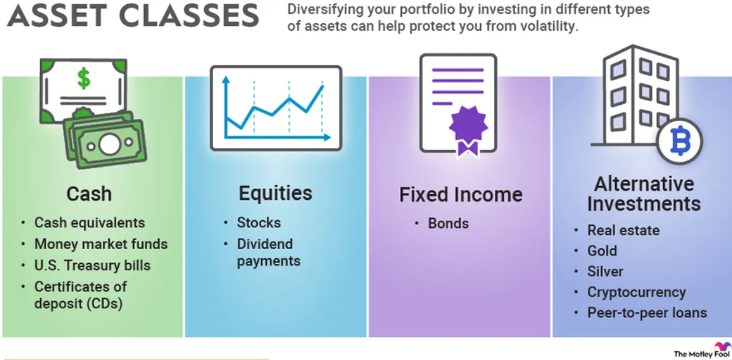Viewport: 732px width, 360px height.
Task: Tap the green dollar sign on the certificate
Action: tap(84, 78)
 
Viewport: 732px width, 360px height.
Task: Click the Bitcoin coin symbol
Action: tap(679, 141)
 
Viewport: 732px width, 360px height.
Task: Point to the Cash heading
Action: tap(89, 194)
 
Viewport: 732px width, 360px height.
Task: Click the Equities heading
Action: tap(275, 194)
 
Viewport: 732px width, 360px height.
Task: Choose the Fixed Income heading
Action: tap(461, 195)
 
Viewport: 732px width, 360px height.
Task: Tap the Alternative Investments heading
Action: tap(645, 194)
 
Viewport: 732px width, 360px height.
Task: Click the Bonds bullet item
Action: tap(448, 223)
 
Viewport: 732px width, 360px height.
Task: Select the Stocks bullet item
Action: tap(259, 223)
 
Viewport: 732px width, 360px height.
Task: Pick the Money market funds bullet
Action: tap(101, 243)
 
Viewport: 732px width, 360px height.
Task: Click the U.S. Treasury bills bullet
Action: tap(92, 265)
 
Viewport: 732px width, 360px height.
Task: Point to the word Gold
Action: tap(602, 251)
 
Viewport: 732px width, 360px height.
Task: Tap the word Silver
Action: tap(605, 271)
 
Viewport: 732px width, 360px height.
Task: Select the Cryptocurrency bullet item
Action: tap(636, 292)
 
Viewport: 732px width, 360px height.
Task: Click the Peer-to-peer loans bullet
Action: tap(647, 313)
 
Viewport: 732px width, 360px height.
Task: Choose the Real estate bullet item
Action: tap(623, 230)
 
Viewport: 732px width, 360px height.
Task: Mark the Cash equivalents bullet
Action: tap(89, 223)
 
